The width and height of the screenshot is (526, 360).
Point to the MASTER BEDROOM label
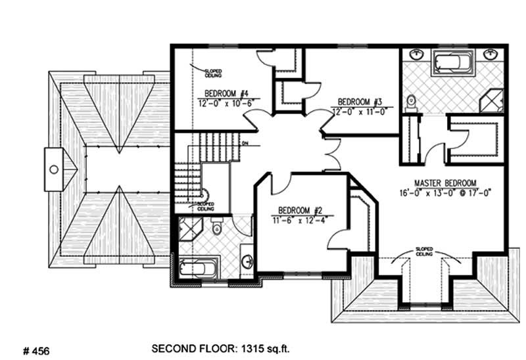[x=445, y=183]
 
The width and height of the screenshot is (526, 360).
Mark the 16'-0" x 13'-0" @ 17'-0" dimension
[x=445, y=193]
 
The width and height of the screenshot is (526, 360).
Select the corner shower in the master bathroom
[x=492, y=102]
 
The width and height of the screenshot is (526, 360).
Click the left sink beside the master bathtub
[x=416, y=53]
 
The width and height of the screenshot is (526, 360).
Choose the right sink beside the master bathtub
[x=490, y=53]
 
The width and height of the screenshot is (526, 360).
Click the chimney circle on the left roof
[x=54, y=169]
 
